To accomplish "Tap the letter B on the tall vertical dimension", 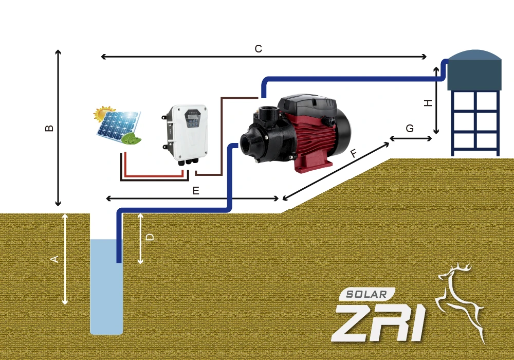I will pyautogui.click(x=49, y=128).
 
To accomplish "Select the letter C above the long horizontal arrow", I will pyautogui.click(x=259, y=49).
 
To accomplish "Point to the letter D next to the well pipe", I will pyautogui.click(x=150, y=237).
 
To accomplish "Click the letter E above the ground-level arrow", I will pyautogui.click(x=196, y=191).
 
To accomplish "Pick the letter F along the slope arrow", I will pyautogui.click(x=353, y=154).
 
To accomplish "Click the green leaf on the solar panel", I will pyautogui.click(x=133, y=137).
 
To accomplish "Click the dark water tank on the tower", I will pyautogui.click(x=474, y=72).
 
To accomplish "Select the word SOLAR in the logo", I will pyautogui.click(x=367, y=295).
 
